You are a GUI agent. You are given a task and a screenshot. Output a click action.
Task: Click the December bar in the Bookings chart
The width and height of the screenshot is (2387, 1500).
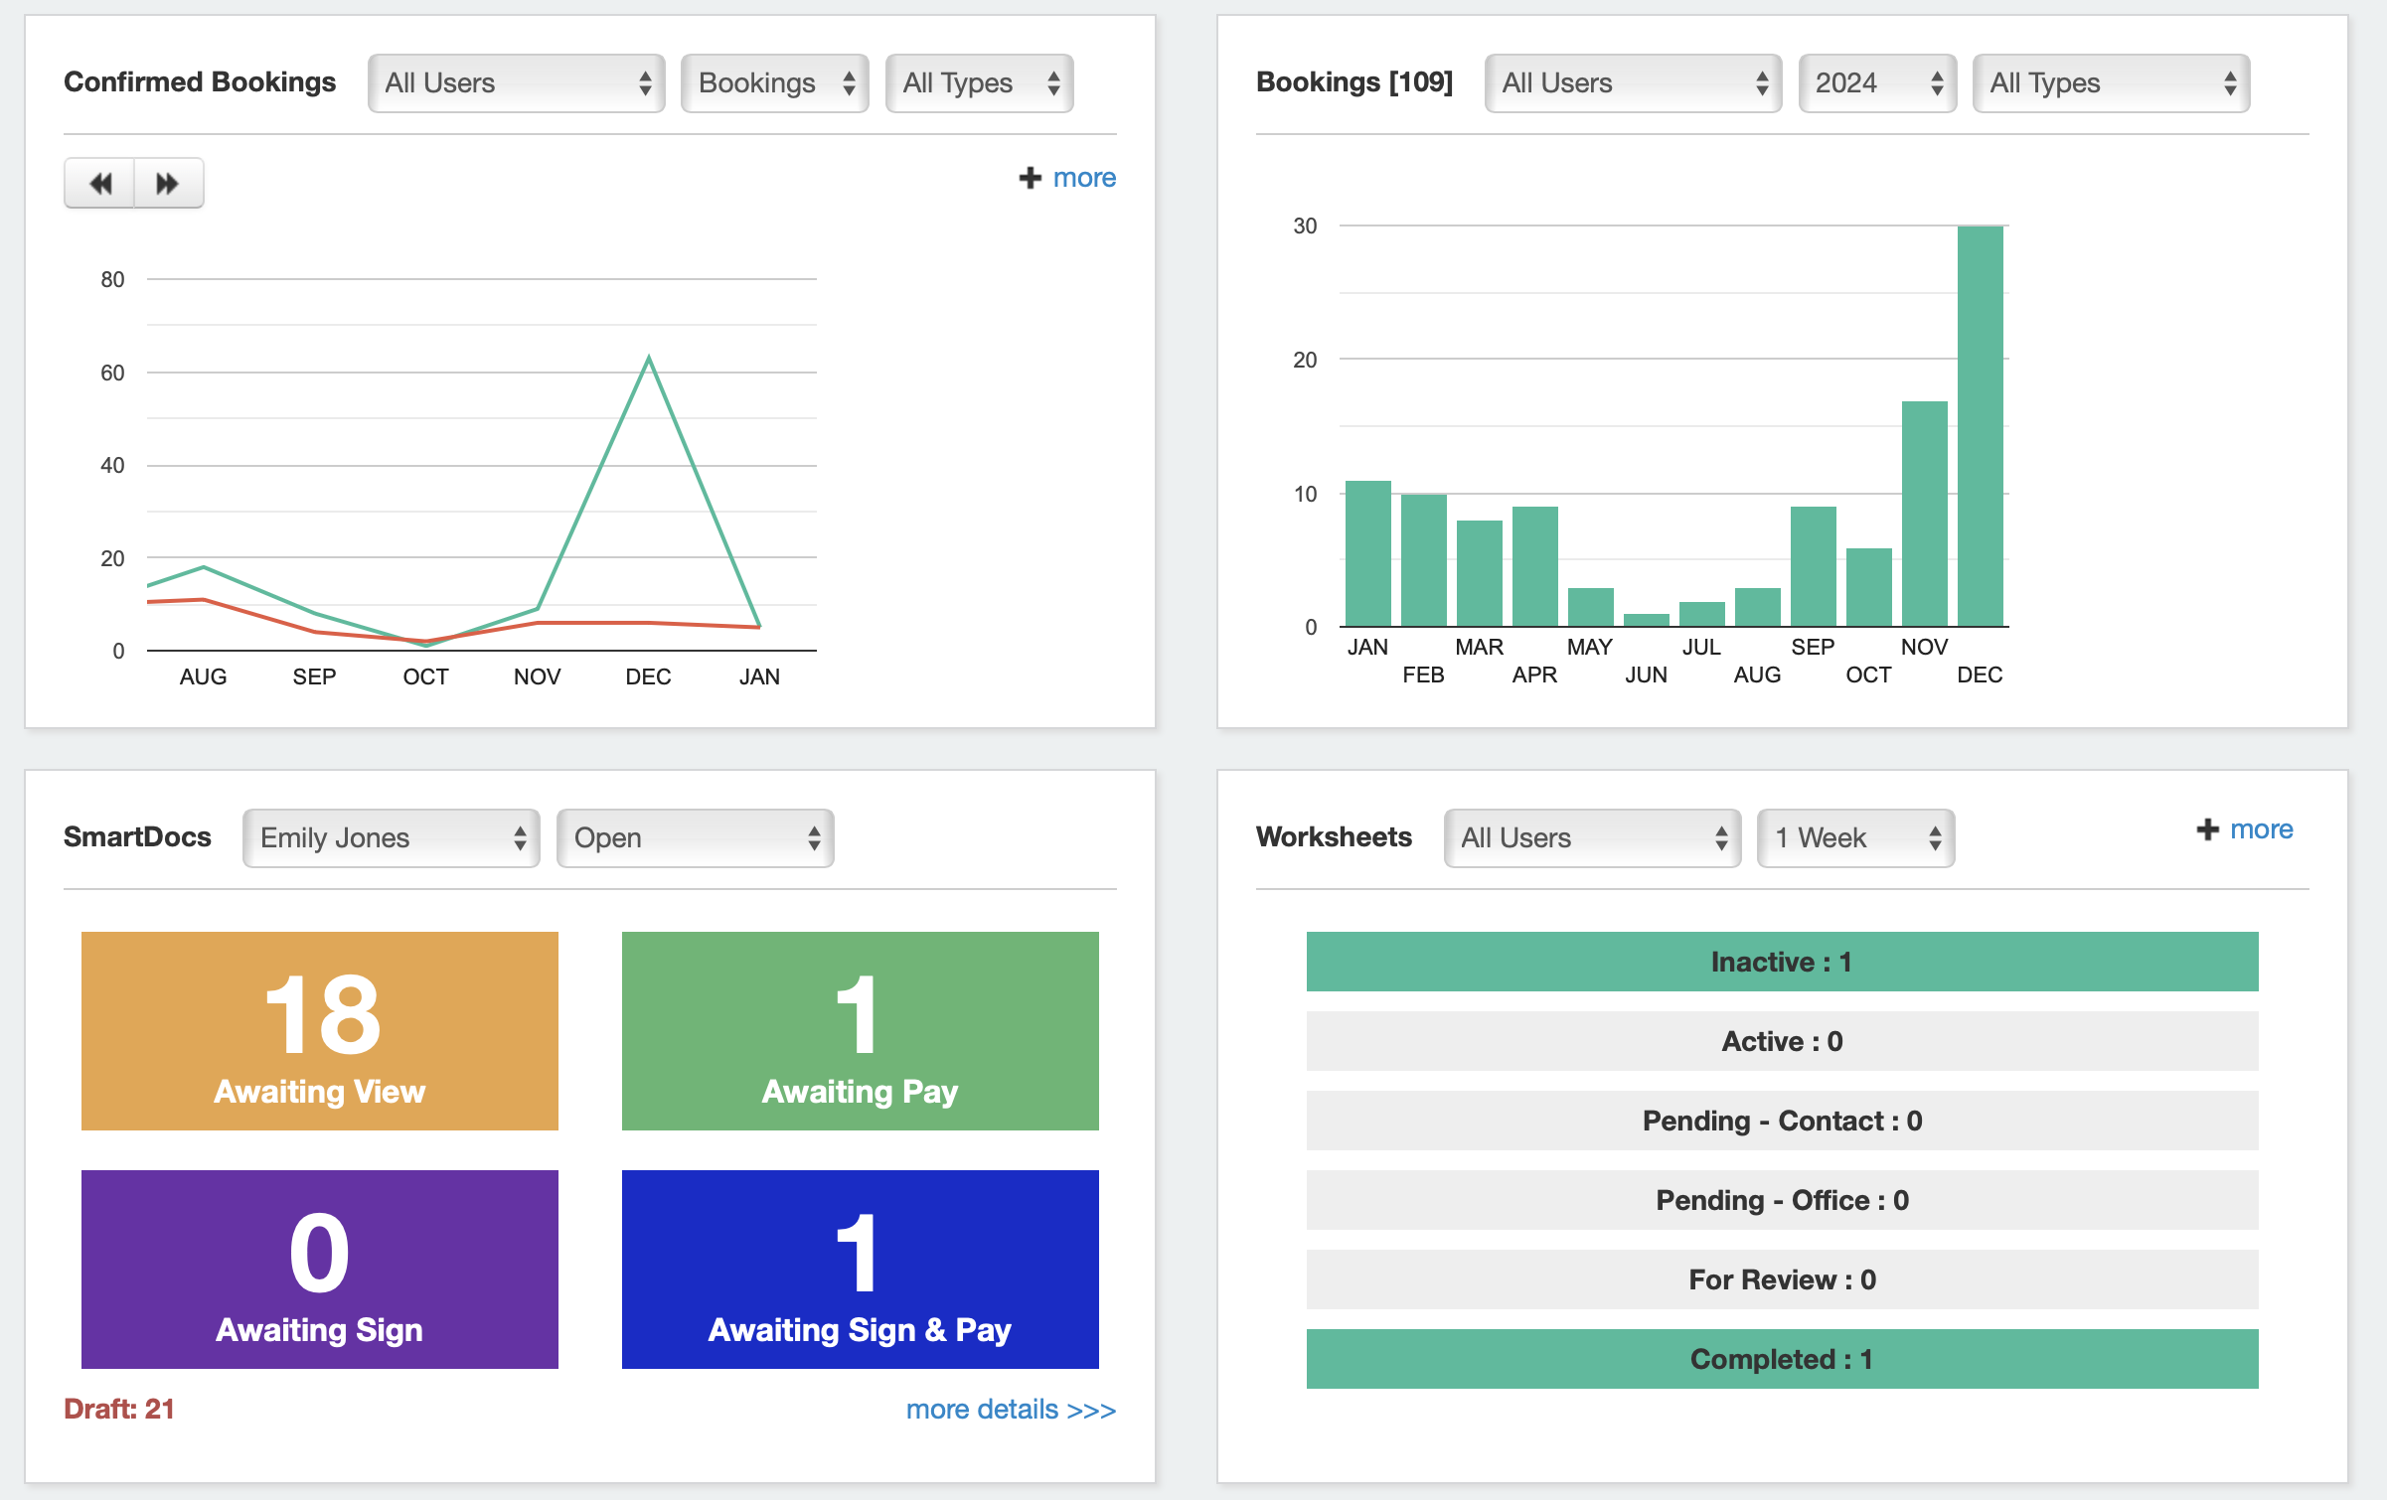pyautogui.click(x=1980, y=427)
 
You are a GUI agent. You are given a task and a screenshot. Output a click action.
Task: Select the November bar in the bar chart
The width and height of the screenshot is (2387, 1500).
pyautogui.click(x=1924, y=514)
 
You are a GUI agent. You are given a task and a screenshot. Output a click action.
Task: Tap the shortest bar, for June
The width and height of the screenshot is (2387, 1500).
pyautogui.click(x=1646, y=620)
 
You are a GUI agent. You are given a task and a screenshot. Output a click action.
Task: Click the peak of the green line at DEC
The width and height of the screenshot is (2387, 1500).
pyautogui.click(x=649, y=359)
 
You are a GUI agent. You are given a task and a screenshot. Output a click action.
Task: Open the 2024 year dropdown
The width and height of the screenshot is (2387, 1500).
pyautogui.click(x=1876, y=83)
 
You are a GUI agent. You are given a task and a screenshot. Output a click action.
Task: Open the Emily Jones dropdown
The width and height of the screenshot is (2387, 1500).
pyautogui.click(x=391, y=838)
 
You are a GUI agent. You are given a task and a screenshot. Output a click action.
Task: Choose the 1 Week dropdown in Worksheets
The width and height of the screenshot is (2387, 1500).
pyautogui.click(x=1854, y=838)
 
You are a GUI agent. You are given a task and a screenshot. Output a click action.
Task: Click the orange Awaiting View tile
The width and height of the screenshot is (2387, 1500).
pyautogui.click(x=319, y=1031)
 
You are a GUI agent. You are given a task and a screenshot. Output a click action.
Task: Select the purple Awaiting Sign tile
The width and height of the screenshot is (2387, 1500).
pyautogui.click(x=319, y=1270)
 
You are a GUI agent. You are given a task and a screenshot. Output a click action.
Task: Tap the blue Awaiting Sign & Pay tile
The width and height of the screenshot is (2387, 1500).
pyautogui.click(x=860, y=1270)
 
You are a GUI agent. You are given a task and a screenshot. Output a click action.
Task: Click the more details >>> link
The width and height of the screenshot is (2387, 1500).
pyautogui.click(x=1010, y=1410)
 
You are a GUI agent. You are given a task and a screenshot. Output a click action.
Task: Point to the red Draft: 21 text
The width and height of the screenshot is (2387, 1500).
pyautogui.click(x=119, y=1409)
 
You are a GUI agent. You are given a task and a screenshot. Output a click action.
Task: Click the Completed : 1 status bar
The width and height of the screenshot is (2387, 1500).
pyautogui.click(x=1781, y=1359)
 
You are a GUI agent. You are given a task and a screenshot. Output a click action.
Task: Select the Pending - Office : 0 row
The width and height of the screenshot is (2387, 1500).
pyautogui.click(x=1781, y=1200)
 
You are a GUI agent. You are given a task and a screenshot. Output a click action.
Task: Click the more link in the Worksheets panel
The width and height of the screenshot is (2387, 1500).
pyautogui.click(x=2260, y=829)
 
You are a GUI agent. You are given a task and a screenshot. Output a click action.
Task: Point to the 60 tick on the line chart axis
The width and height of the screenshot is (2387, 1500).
pyautogui.click(x=112, y=374)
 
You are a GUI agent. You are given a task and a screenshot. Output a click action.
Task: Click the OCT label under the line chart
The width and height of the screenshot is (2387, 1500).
pyautogui.click(x=425, y=677)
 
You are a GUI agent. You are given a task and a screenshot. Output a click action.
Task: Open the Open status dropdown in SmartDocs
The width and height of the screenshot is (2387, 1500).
pyautogui.click(x=695, y=838)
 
